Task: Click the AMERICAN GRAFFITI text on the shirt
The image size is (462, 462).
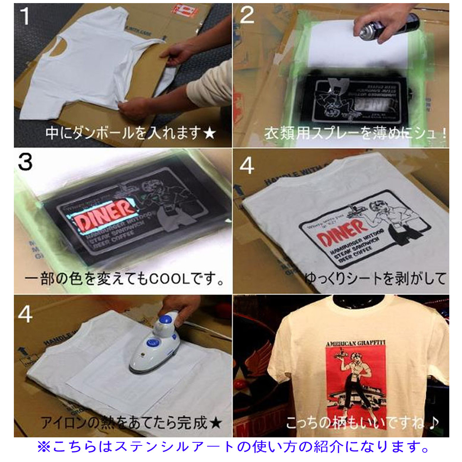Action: click(356, 344)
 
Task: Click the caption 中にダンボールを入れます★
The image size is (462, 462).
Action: click(130, 133)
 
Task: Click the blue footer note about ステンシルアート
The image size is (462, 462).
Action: click(233, 447)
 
